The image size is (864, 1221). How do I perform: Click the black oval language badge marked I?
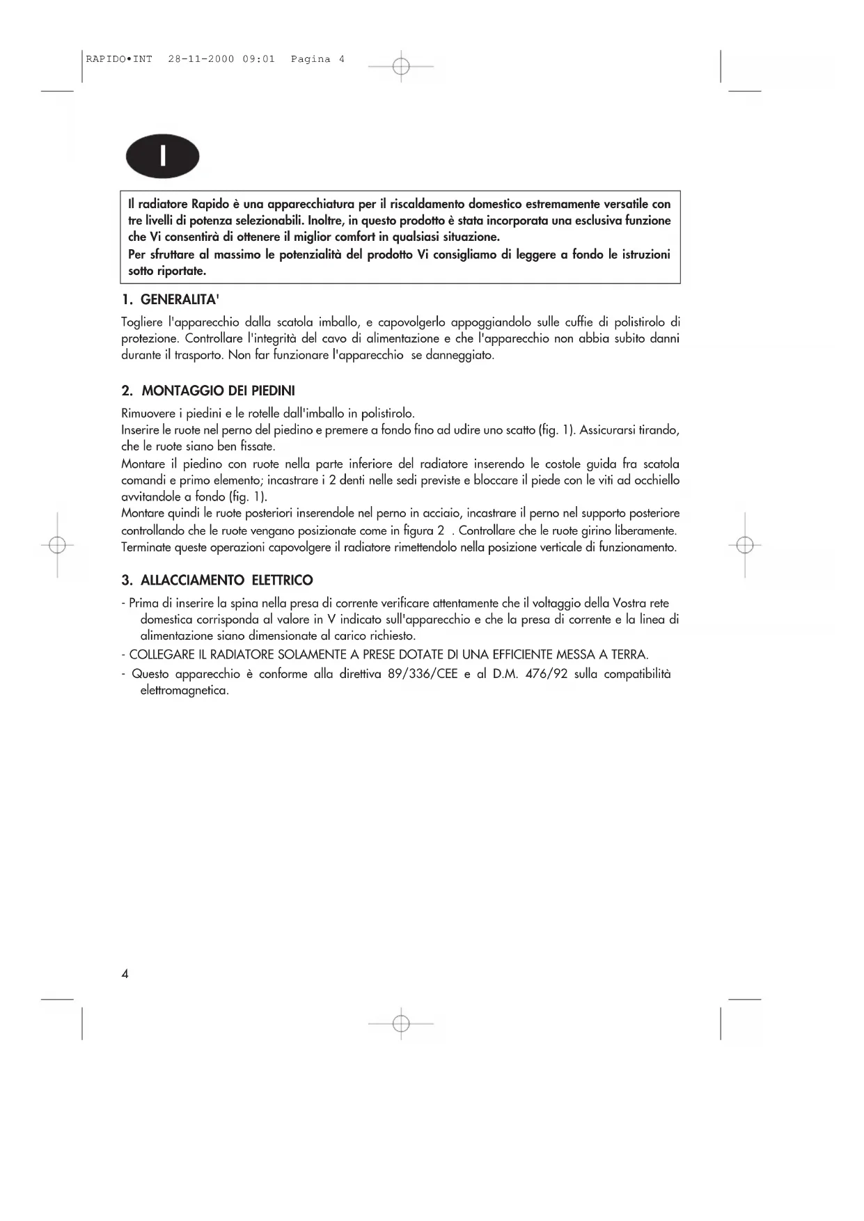[162, 157]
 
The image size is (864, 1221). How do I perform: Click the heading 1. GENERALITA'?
[171, 299]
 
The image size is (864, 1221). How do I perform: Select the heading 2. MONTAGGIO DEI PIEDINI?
[208, 391]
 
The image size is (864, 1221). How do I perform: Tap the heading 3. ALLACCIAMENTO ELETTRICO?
[217, 580]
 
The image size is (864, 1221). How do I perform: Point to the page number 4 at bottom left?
[125, 973]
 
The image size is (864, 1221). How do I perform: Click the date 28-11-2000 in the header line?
[201, 59]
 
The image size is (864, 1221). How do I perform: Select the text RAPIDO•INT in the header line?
[119, 59]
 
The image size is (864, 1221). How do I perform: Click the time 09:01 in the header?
[259, 59]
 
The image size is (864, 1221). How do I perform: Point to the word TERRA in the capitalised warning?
[629, 654]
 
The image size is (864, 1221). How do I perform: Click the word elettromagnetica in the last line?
[184, 691]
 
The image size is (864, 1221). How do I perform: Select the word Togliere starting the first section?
[142, 322]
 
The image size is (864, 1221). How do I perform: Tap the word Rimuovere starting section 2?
[147, 413]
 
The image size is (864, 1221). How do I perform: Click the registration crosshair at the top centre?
[400, 67]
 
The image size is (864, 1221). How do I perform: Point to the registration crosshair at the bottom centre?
[400, 1023]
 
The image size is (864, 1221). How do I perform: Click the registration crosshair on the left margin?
[58, 545]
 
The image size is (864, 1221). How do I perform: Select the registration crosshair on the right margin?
[744, 545]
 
